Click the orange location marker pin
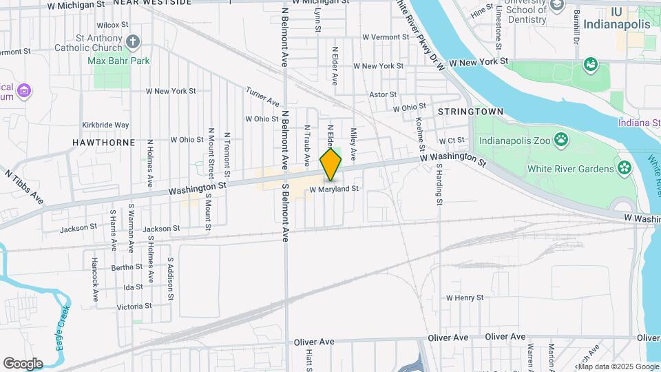(x=331, y=164)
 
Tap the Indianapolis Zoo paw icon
(x=562, y=139)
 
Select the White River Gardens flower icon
(x=625, y=168)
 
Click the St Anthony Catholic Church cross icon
(x=134, y=42)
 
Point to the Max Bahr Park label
(x=119, y=61)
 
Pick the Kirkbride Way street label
(x=105, y=125)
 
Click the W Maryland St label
(x=335, y=189)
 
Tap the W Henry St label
(x=465, y=298)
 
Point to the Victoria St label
(x=134, y=306)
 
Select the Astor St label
(x=384, y=94)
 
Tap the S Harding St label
(x=438, y=185)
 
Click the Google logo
(x=23, y=363)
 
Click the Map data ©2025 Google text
(x=618, y=366)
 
